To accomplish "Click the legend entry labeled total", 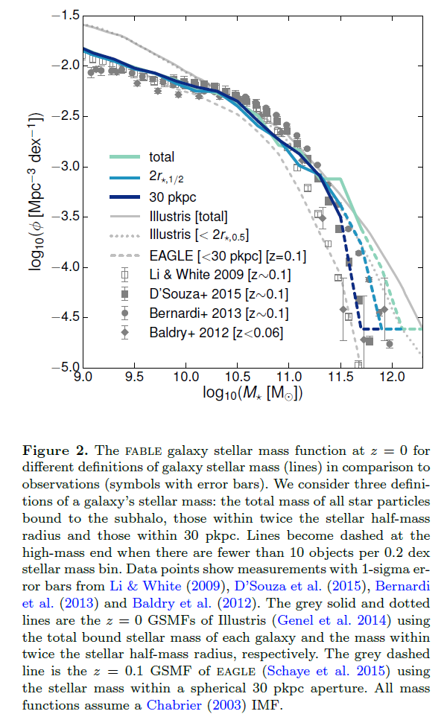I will point(162,157).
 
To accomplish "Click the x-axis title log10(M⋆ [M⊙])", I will point(252,393).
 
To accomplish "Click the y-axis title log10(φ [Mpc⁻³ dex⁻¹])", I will point(37,192).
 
